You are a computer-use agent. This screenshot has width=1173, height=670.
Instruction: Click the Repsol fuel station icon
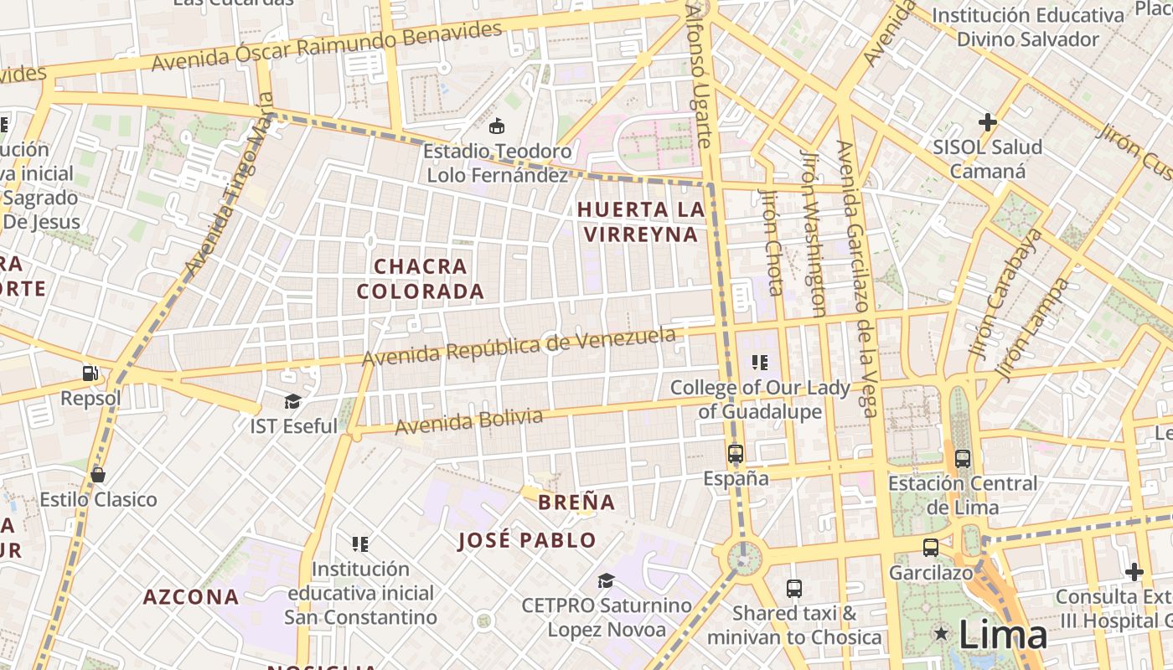pyautogui.click(x=90, y=373)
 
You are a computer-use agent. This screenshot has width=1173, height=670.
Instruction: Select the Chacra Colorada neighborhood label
pyautogui.click(x=421, y=279)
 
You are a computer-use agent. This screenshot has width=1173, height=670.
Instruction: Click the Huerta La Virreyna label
pyautogui.click(x=641, y=222)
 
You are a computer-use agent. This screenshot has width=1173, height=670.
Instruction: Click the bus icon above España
pyautogui.click(x=736, y=454)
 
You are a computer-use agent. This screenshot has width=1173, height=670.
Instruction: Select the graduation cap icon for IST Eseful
pyautogui.click(x=292, y=401)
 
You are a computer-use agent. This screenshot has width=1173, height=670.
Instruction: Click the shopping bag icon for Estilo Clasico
pyautogui.click(x=98, y=475)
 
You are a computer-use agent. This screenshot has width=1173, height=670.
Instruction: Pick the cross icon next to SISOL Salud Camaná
pyautogui.click(x=988, y=122)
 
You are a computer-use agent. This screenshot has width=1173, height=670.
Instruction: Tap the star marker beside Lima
pyautogui.click(x=942, y=634)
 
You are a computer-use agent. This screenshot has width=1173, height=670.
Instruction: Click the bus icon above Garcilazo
pyautogui.click(x=930, y=548)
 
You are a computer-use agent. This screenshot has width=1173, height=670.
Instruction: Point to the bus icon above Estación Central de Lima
pyautogui.click(x=963, y=459)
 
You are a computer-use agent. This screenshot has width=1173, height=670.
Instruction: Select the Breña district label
pyautogui.click(x=576, y=502)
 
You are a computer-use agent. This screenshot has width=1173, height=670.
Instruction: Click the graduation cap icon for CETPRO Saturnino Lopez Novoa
pyautogui.click(x=606, y=580)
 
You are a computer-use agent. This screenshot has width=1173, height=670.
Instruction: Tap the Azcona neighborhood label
pyautogui.click(x=191, y=597)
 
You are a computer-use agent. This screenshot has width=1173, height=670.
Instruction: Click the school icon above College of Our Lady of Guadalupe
pyautogui.click(x=760, y=363)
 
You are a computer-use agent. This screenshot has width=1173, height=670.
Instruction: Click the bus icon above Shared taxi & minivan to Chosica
pyautogui.click(x=794, y=589)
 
